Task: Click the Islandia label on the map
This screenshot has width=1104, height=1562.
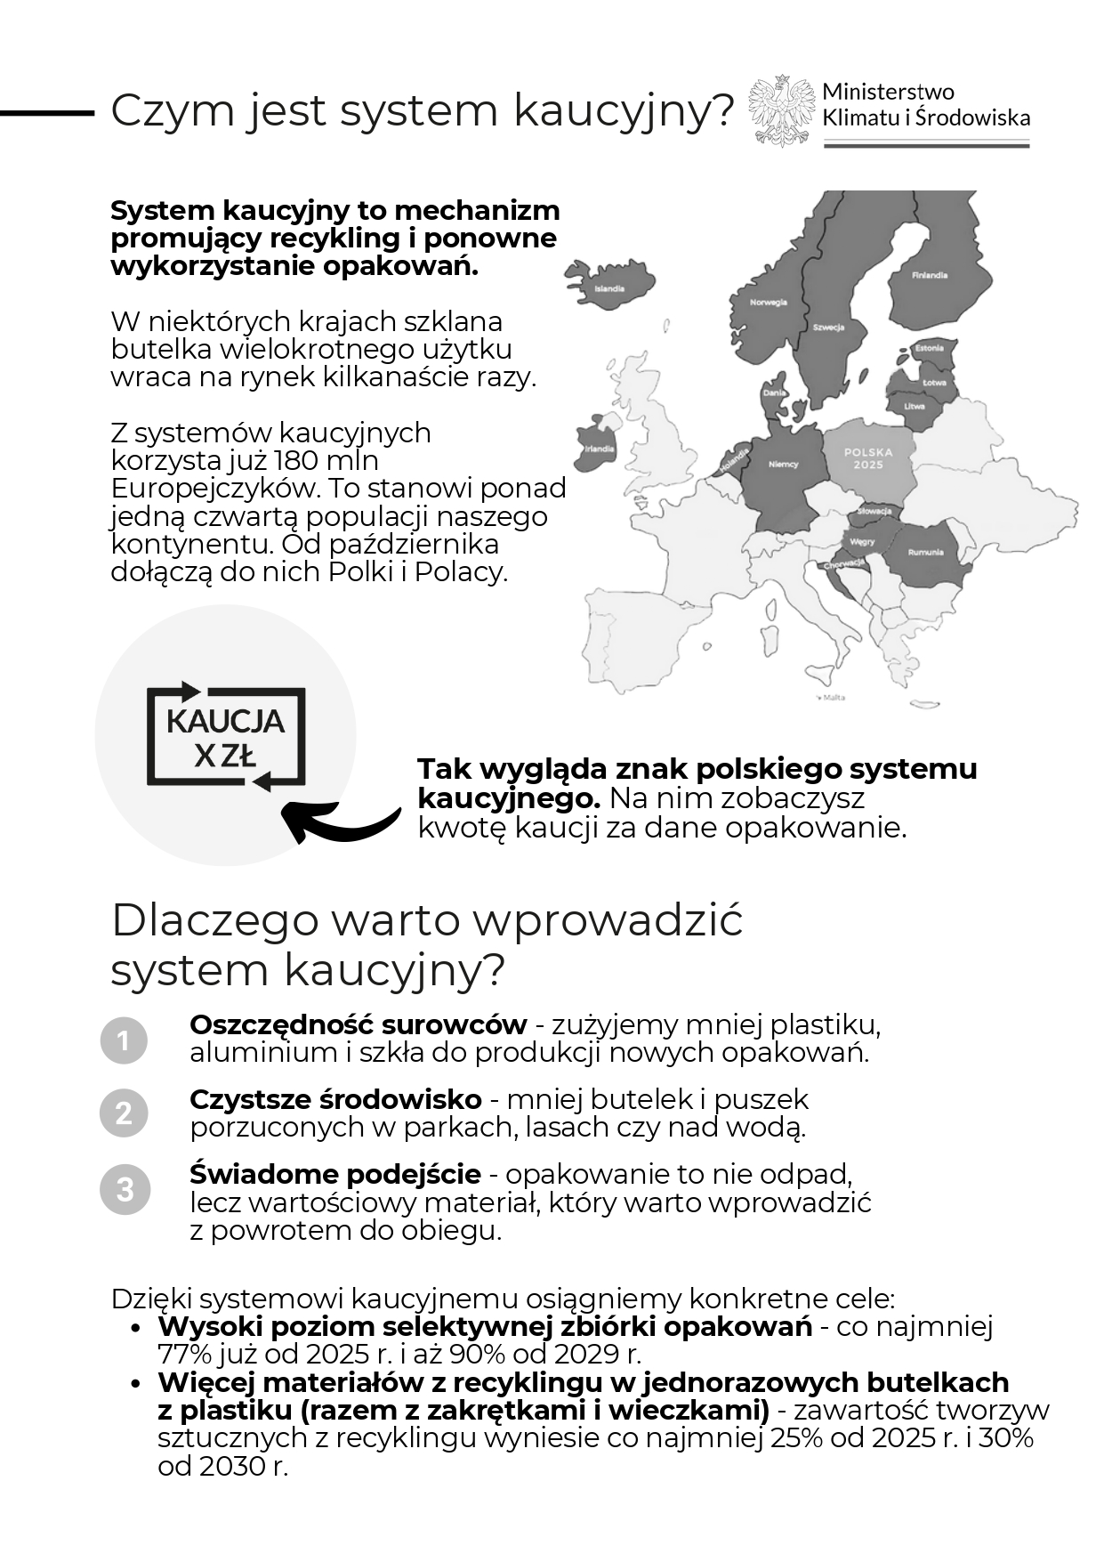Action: [609, 289]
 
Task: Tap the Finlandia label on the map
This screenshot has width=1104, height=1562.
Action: [930, 275]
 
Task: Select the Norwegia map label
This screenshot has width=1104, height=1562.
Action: [769, 303]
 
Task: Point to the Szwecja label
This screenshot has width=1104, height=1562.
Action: [828, 328]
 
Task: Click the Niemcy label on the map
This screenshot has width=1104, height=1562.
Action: [784, 465]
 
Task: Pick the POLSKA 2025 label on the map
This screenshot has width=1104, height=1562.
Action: [868, 458]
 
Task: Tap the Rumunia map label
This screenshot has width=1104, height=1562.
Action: [925, 553]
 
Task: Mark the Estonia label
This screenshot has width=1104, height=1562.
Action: [930, 348]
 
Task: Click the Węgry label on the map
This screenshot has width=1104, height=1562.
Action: [862, 542]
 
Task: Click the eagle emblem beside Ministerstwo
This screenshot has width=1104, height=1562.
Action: [780, 111]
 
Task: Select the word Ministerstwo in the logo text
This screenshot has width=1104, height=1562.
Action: [888, 92]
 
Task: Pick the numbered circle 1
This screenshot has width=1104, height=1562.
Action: [124, 1040]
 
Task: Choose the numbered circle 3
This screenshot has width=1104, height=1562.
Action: [124, 1189]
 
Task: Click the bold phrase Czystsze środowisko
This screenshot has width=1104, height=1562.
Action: [335, 1100]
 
